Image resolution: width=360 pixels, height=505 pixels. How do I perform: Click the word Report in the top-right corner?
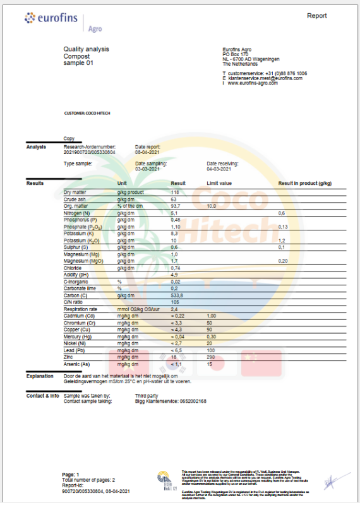[317, 15]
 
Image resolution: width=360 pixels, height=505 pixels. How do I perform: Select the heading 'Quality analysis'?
[86, 49]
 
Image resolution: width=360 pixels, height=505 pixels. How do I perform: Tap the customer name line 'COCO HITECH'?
[88, 114]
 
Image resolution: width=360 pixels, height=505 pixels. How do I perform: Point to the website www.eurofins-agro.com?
[253, 83]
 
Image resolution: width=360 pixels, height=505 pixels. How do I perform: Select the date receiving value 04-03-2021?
[220, 169]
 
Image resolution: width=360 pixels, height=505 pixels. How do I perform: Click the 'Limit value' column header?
[220, 183]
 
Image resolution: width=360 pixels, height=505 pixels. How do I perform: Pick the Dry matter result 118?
[176, 192]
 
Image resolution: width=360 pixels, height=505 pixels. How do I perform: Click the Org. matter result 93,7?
[176, 206]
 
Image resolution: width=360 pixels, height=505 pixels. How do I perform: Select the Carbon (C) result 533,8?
[178, 295]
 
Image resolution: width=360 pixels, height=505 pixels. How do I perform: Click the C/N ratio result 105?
[175, 302]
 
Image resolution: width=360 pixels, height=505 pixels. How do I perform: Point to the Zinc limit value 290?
[211, 357]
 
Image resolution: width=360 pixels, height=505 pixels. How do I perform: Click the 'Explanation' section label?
[40, 376]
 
